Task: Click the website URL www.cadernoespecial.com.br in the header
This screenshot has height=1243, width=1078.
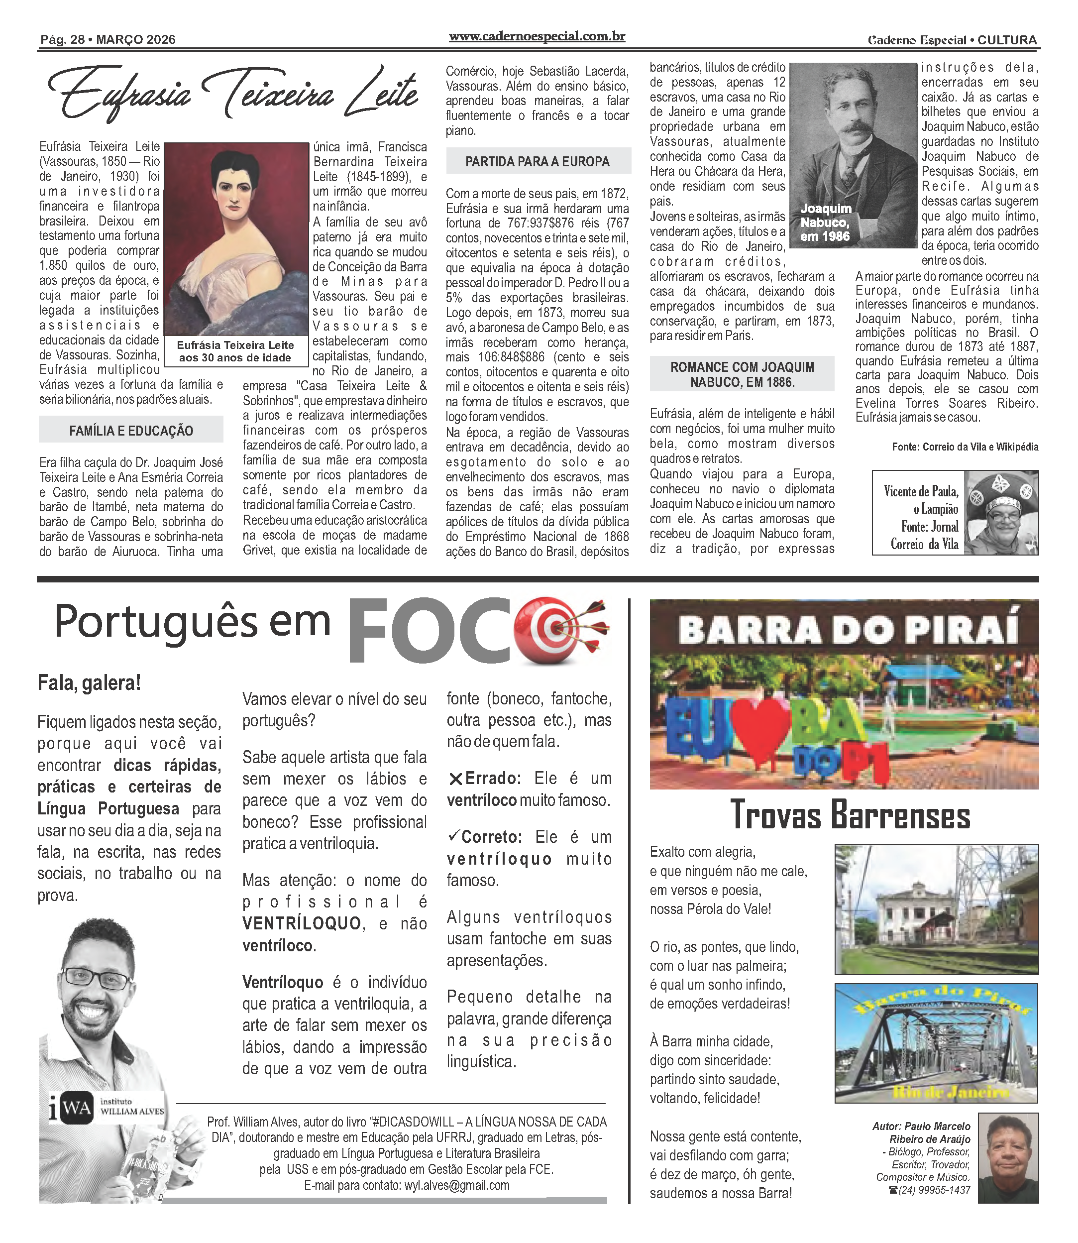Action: [x=537, y=37]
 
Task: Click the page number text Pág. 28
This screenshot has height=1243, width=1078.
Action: [x=62, y=40]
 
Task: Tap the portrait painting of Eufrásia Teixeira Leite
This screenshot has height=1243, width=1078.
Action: [x=236, y=239]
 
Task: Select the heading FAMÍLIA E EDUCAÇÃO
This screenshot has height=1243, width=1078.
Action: [x=131, y=431]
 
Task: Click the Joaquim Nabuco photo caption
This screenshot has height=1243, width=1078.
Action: [x=825, y=223]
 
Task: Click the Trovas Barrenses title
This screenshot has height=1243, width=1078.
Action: [x=850, y=816]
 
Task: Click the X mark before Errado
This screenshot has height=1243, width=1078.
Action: [x=455, y=779]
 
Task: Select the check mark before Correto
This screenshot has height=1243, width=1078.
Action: [x=455, y=836]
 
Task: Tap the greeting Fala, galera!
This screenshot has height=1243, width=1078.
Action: [x=89, y=683]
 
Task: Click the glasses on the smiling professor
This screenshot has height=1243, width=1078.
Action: [x=96, y=978]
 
